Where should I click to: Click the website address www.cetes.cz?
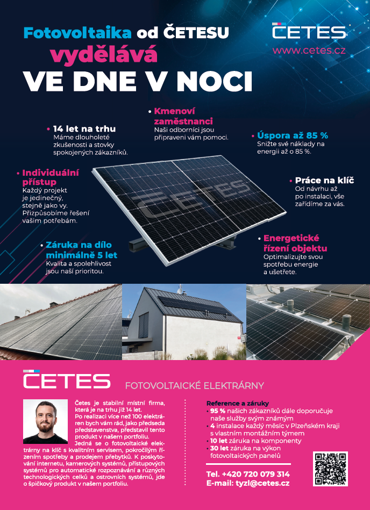pyautogui.click(x=309, y=51)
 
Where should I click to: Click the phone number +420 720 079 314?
pyautogui.click(x=248, y=474)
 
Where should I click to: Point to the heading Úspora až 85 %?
pyautogui.click(x=293, y=135)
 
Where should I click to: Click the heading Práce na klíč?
pyautogui.click(x=325, y=181)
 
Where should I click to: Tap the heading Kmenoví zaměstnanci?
pyautogui.click(x=183, y=116)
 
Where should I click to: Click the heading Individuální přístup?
pyautogui.click(x=51, y=177)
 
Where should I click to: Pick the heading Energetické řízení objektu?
pyautogui.click(x=295, y=243)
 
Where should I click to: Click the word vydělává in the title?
pyautogui.click(x=104, y=54)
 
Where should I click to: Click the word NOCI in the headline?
pyautogui.click(x=215, y=81)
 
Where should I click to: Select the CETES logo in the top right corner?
pyautogui.click(x=309, y=31)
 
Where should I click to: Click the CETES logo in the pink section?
pyautogui.click(x=67, y=380)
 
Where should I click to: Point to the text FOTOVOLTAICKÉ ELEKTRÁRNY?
pyautogui.click(x=194, y=385)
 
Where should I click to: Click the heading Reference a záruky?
pyautogui.click(x=237, y=403)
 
